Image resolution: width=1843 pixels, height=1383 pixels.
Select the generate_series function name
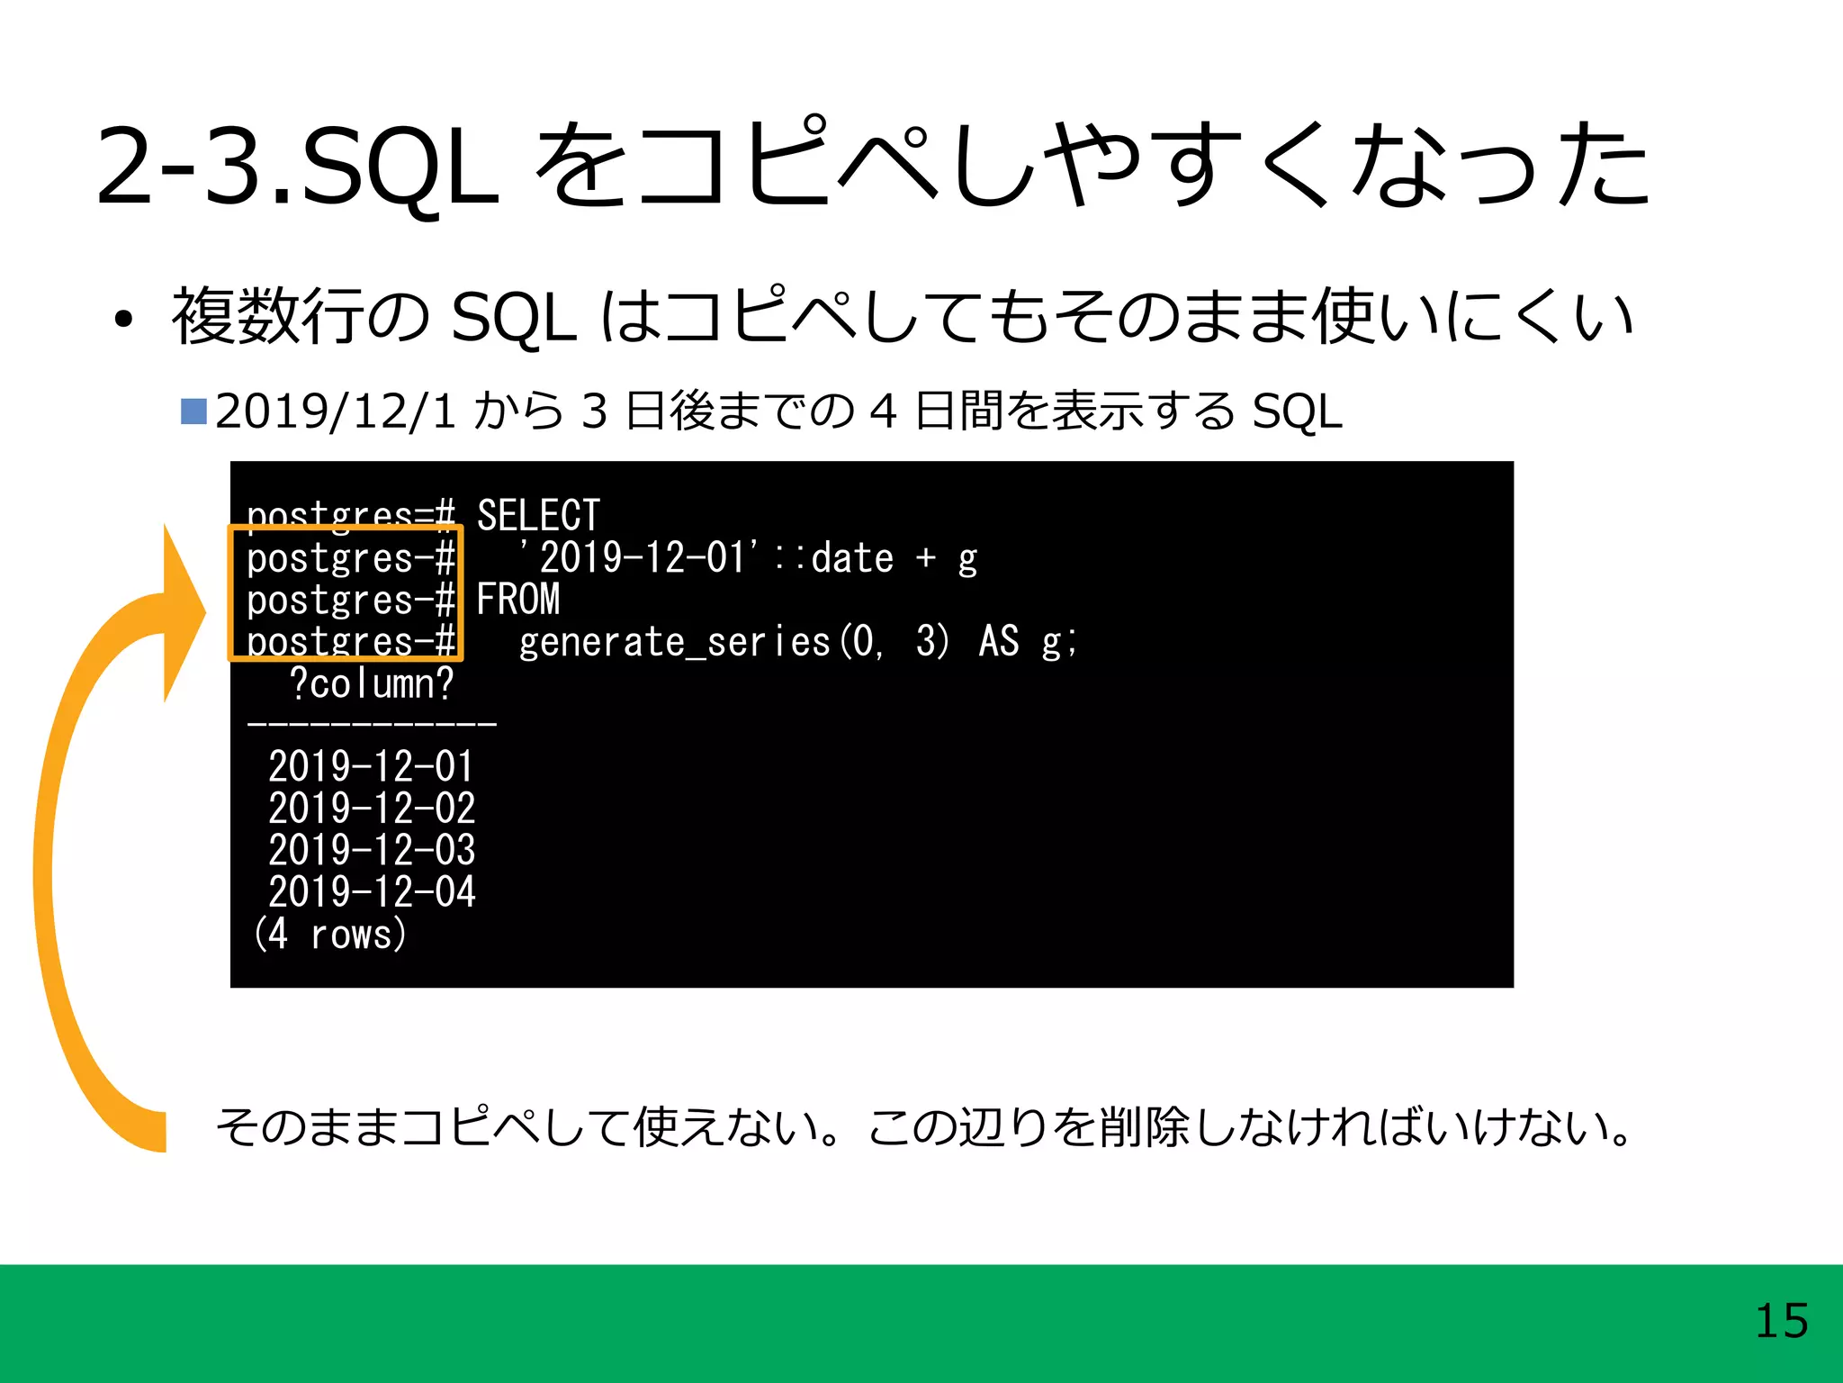675,643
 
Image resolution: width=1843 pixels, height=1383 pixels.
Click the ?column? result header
372,684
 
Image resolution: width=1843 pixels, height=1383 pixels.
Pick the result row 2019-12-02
372,809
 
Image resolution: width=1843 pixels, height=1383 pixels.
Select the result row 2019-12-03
372,850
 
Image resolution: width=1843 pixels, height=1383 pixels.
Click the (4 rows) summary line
330,935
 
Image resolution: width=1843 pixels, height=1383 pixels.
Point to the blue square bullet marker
193,411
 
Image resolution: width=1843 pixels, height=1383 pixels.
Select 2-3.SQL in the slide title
297,167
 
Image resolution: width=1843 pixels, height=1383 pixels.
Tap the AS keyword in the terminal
999,643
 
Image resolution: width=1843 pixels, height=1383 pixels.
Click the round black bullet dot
123,320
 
